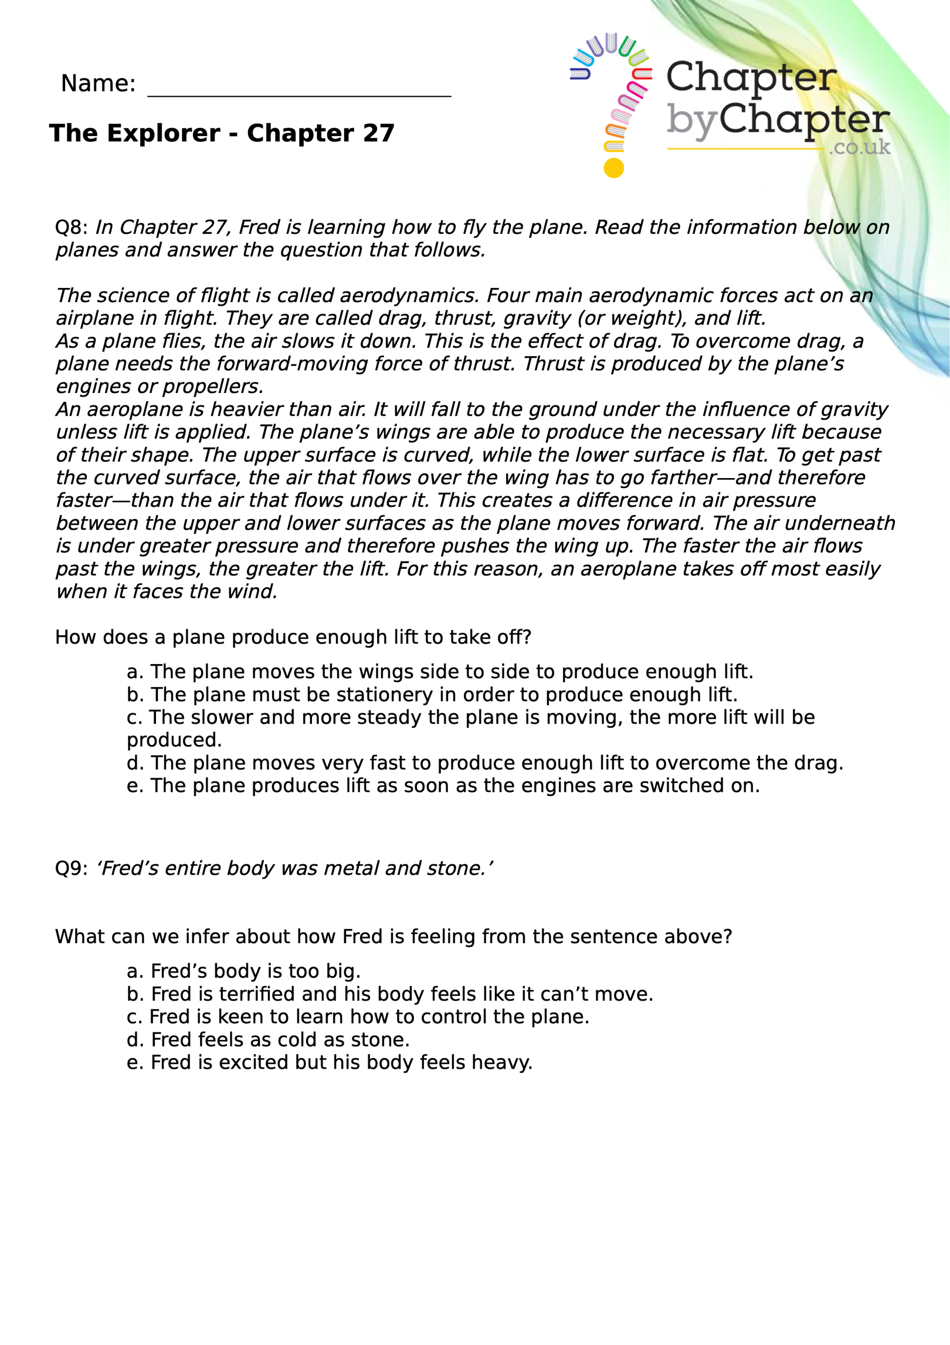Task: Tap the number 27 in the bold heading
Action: [x=378, y=133]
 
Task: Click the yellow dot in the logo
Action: [x=613, y=168]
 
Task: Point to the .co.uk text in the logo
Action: [x=859, y=147]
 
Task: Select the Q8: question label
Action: [x=71, y=227]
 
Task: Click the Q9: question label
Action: [x=71, y=868]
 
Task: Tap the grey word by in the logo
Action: [x=691, y=121]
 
